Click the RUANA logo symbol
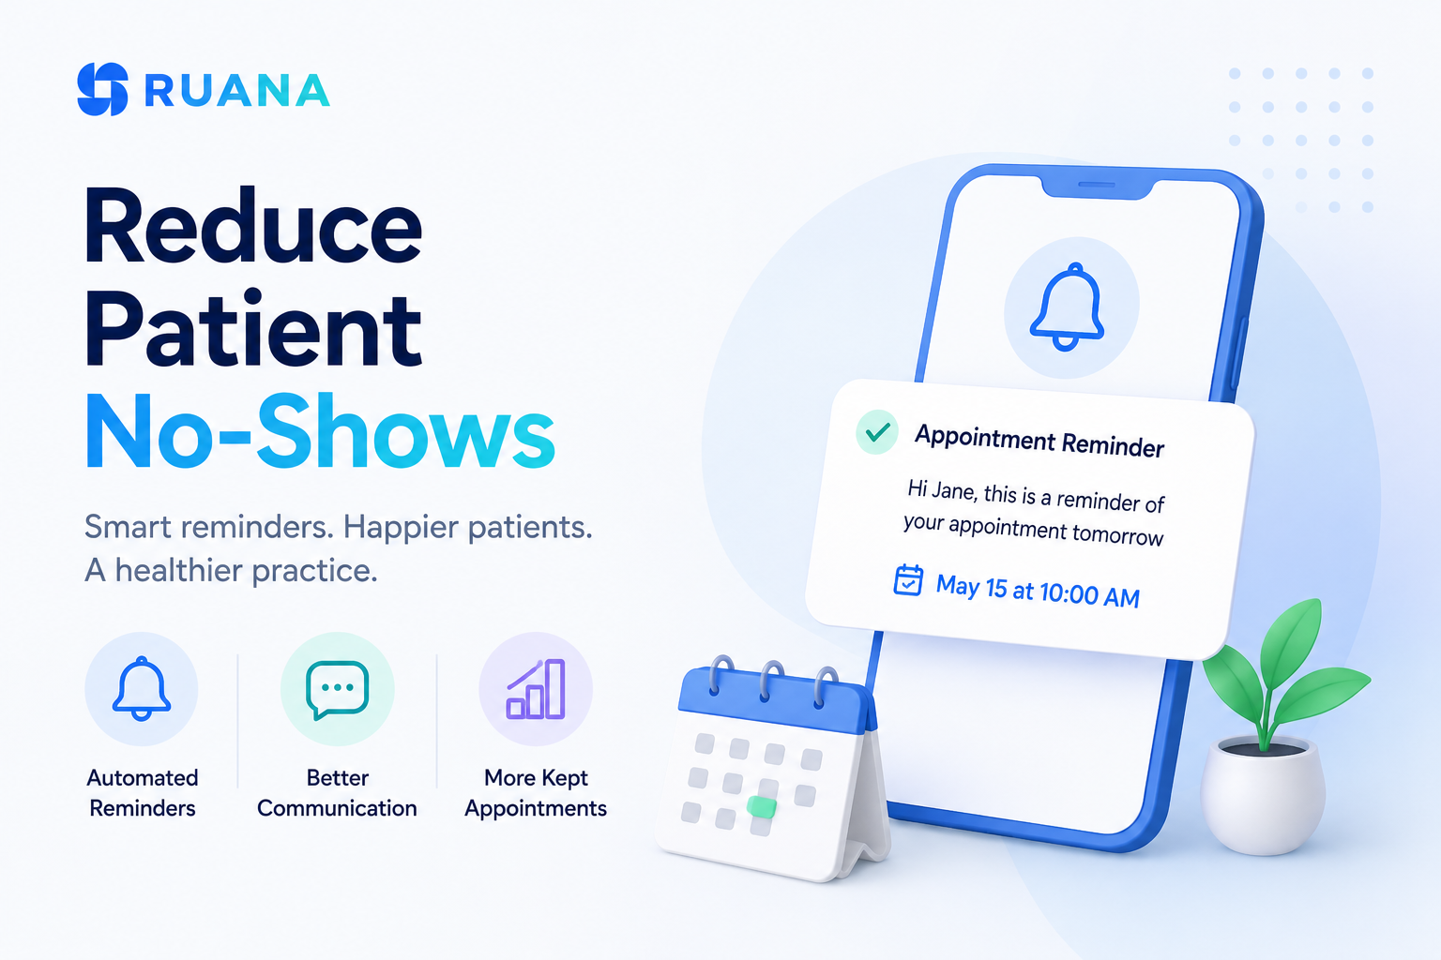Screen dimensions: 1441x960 point(102,89)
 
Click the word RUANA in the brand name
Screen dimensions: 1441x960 point(237,90)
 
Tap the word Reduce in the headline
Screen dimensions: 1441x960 point(252,226)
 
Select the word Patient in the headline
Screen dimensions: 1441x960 point(252,328)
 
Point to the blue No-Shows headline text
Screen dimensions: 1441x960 point(320,431)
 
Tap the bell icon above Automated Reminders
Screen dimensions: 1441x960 point(142,689)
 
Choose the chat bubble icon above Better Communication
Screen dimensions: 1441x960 point(338,690)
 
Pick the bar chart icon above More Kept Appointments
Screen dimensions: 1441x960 point(536,689)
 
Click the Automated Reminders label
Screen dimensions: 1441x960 point(143,793)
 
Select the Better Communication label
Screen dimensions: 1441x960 point(337,793)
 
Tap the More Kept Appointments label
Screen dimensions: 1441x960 point(536,793)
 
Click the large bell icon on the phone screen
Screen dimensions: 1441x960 point(1068,307)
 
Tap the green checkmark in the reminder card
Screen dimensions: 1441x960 point(877,432)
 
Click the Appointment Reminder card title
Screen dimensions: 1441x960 point(1039,442)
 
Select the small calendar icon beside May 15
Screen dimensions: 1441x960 point(908,580)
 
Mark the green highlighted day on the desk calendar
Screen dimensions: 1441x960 point(761,806)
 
